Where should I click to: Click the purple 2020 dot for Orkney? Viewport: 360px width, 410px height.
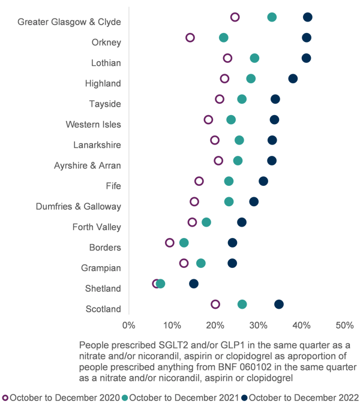(190, 38)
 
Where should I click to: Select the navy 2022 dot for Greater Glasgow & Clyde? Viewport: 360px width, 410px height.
(308, 17)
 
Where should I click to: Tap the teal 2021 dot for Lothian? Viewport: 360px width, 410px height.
(254, 58)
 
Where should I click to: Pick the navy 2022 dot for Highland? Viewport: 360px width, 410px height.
(293, 79)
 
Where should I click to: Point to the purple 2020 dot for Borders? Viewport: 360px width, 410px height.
(170, 243)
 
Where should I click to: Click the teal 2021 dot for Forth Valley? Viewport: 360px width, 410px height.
(206, 222)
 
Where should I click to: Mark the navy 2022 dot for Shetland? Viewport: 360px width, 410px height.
(194, 284)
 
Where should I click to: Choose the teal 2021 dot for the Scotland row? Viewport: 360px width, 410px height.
(242, 305)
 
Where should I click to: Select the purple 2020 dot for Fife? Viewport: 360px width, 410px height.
(199, 181)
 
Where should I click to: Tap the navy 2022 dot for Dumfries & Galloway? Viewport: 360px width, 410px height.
(254, 201)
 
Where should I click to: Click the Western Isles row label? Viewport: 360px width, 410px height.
(93, 125)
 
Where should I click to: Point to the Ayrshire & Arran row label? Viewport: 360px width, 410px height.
(88, 165)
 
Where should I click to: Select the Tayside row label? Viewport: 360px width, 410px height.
(105, 104)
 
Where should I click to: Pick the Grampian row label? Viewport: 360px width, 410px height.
(101, 267)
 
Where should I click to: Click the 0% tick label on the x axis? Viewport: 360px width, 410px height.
(129, 325)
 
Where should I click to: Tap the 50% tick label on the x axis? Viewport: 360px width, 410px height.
(344, 325)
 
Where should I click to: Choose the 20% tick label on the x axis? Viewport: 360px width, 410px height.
(215, 325)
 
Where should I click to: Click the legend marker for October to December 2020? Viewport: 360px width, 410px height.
(5, 397)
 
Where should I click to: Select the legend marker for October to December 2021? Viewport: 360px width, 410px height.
(125, 397)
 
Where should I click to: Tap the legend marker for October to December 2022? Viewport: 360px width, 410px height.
(244, 397)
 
